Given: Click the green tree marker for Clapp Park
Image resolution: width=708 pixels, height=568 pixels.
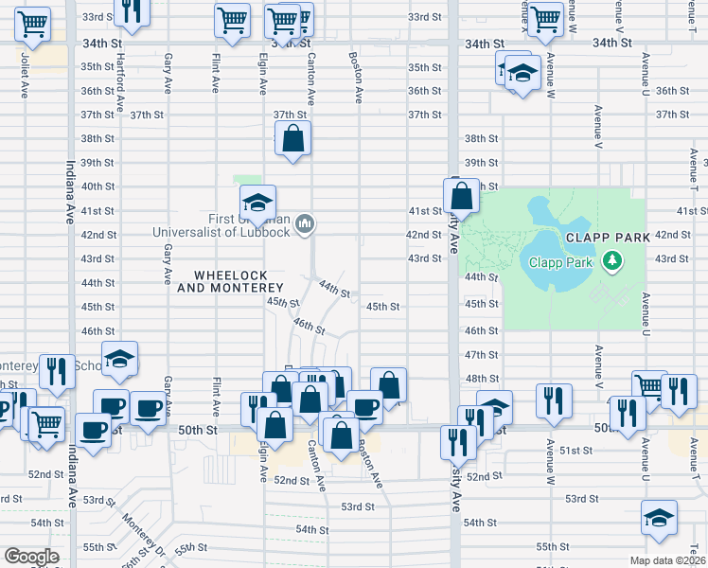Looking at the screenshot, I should pyautogui.click(x=613, y=258).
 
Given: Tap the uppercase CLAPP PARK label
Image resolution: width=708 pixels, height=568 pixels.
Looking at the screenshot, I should pyautogui.click(x=608, y=237).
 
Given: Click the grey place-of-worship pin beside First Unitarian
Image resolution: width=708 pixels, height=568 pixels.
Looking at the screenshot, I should pyautogui.click(x=305, y=223).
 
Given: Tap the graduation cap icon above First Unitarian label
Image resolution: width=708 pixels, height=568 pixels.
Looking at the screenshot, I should pyautogui.click(x=257, y=202).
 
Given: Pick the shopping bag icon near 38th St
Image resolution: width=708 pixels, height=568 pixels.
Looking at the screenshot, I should pyautogui.click(x=293, y=139).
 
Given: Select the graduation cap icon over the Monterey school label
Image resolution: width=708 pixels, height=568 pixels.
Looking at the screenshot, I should pyautogui.click(x=119, y=359).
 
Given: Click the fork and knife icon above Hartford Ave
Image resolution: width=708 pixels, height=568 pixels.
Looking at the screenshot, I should pyautogui.click(x=132, y=11).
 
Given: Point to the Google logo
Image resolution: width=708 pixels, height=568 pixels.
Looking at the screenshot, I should pyautogui.click(x=31, y=556).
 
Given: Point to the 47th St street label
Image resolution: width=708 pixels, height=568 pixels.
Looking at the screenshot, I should pyautogui.click(x=481, y=354).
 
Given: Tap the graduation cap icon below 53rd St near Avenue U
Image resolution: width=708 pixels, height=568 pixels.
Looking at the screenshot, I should pyautogui.click(x=659, y=517).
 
